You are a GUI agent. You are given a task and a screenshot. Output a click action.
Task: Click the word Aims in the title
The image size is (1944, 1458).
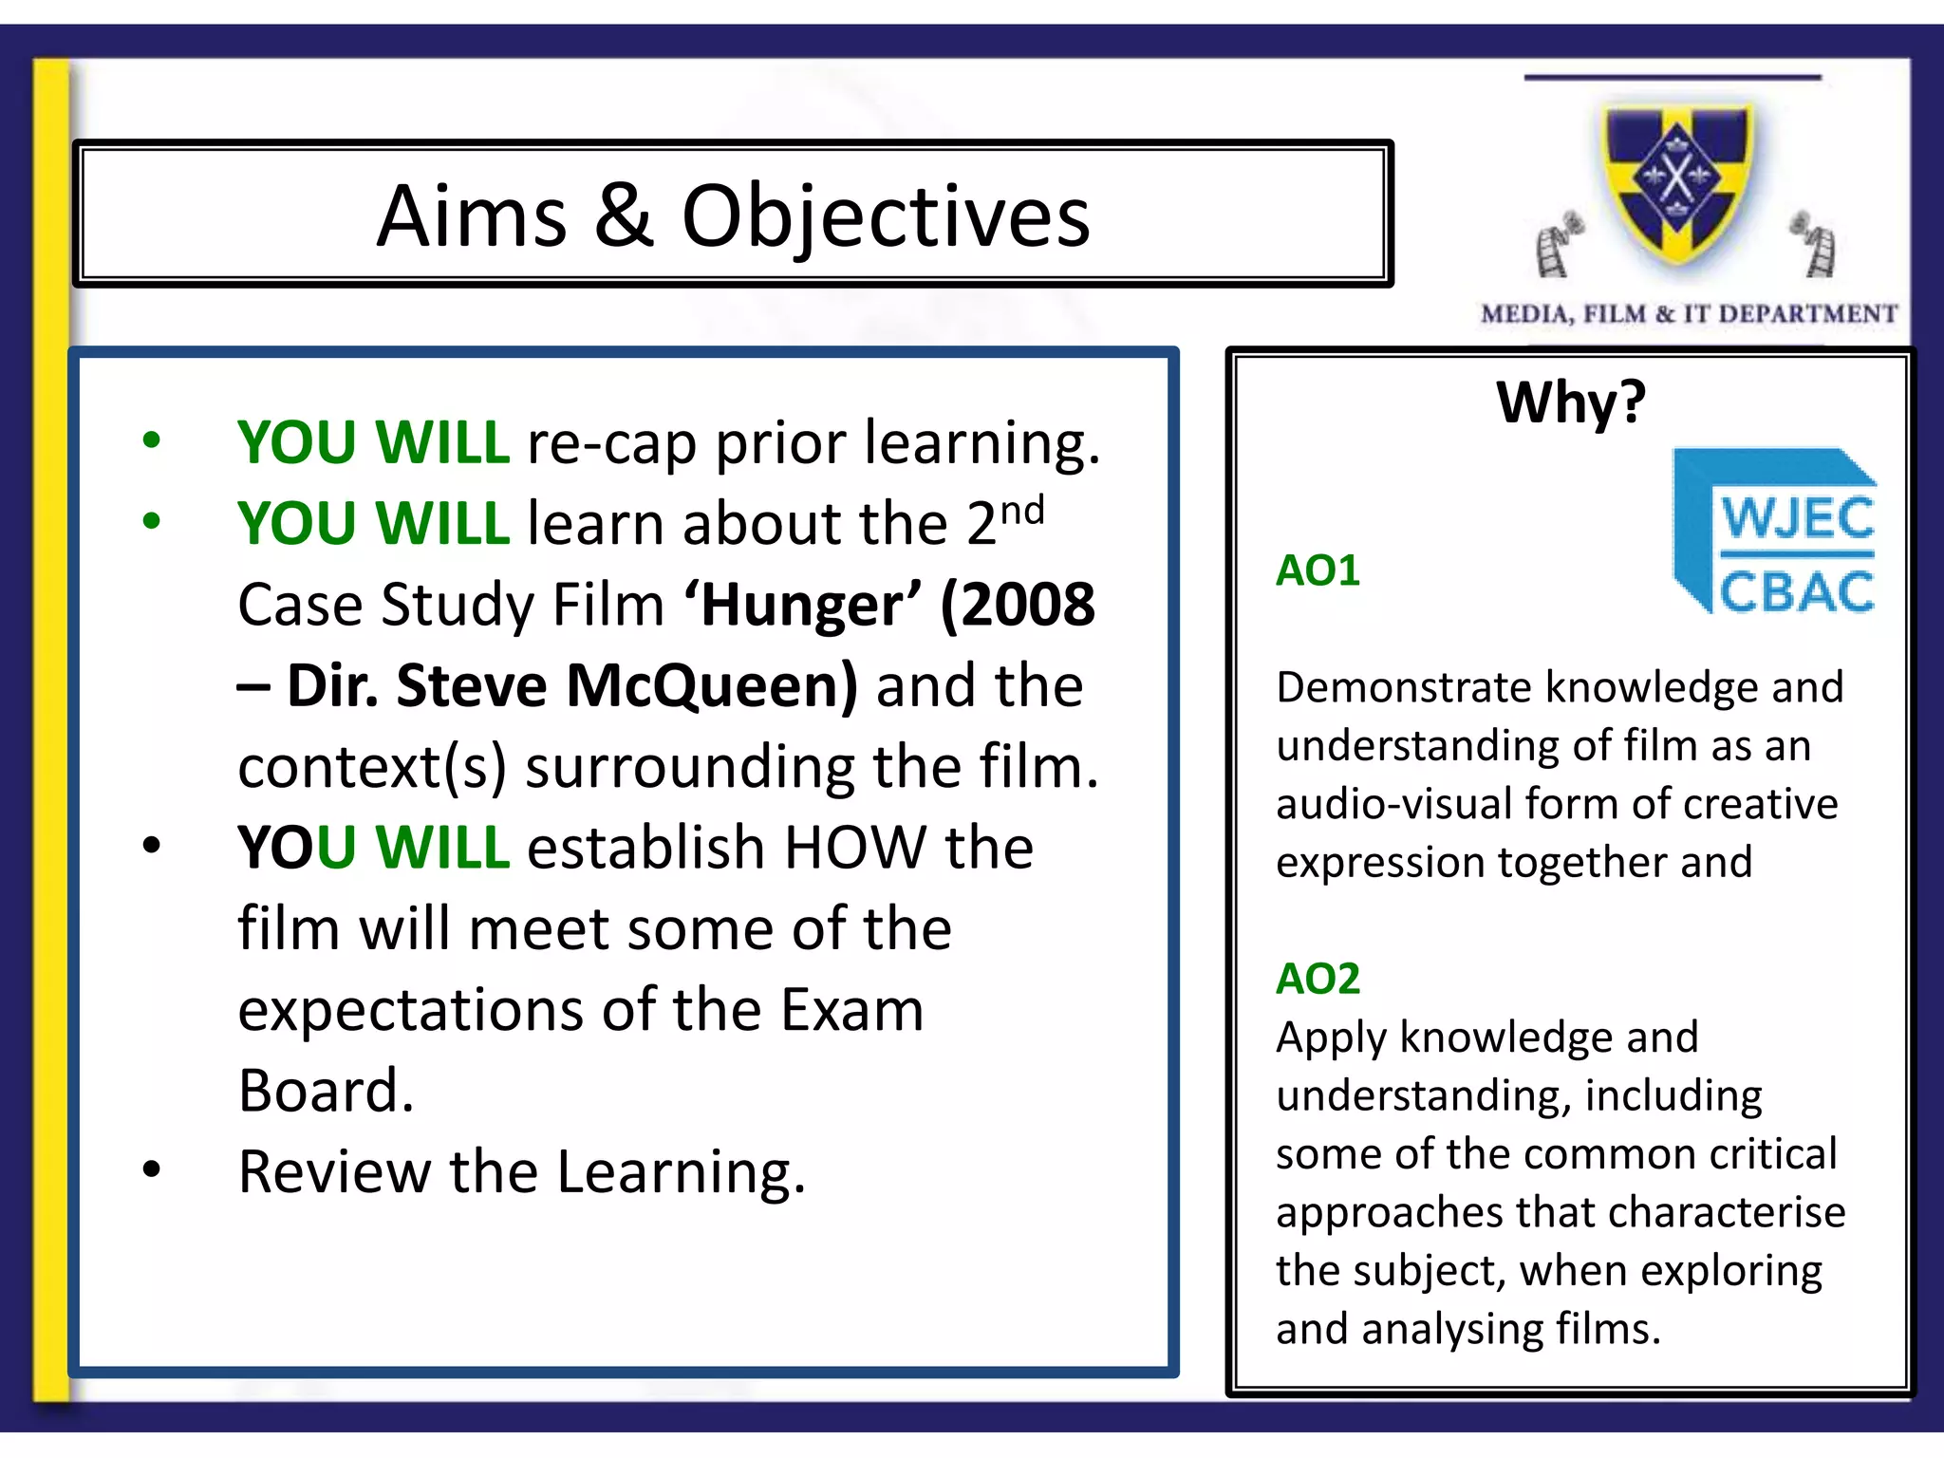click(471, 217)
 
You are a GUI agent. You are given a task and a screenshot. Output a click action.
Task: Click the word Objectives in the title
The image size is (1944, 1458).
click(886, 219)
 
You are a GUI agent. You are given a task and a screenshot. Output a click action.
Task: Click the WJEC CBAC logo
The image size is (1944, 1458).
click(1773, 533)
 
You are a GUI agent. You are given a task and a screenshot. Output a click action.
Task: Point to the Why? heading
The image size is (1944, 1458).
click(1571, 402)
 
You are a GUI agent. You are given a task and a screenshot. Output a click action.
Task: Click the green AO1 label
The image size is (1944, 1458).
click(1318, 570)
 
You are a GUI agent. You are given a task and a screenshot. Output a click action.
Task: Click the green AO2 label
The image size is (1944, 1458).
click(1318, 979)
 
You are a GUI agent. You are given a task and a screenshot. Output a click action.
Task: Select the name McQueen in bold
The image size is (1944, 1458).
click(712, 685)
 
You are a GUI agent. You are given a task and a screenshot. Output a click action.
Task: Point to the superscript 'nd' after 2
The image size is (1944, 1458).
click(1022, 511)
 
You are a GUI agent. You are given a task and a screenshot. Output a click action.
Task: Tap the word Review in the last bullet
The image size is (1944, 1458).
click(334, 1171)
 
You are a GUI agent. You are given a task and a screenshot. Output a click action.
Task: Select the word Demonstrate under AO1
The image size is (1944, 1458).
click(1403, 687)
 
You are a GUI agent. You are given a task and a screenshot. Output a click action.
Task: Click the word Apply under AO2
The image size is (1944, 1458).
click(1331, 1037)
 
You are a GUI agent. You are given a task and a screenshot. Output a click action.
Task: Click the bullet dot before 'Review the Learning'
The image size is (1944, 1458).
click(151, 1169)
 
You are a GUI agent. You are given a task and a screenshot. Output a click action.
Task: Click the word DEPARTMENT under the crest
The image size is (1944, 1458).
click(1807, 314)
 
